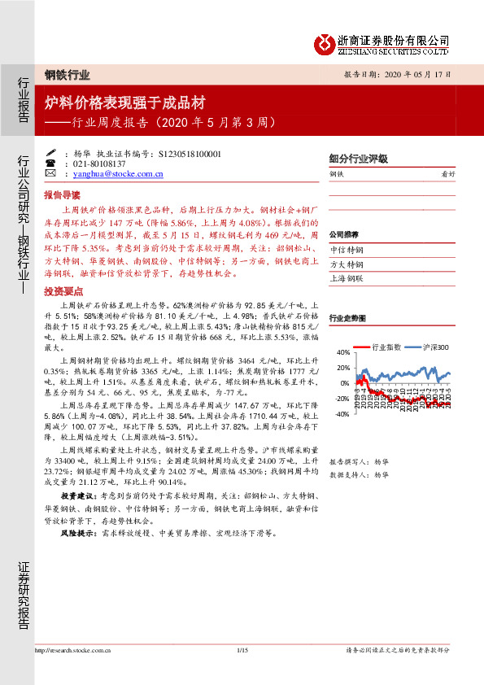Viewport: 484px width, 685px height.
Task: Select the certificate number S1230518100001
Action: (x=190, y=153)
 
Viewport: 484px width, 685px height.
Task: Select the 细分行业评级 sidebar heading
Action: (x=358, y=159)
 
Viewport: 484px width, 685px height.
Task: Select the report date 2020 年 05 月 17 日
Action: (x=414, y=74)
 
